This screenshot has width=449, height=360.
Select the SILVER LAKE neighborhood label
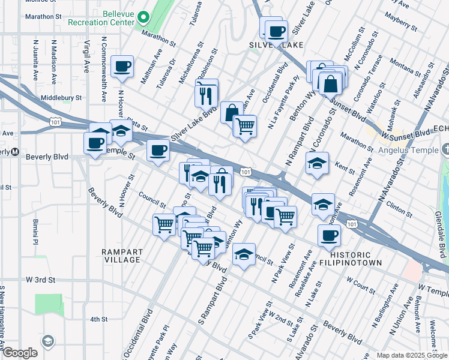(274, 45)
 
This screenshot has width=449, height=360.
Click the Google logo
(20, 353)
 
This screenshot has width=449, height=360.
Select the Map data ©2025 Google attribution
(412, 355)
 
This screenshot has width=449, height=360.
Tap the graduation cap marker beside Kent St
(316, 163)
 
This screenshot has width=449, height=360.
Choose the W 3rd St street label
(40, 280)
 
